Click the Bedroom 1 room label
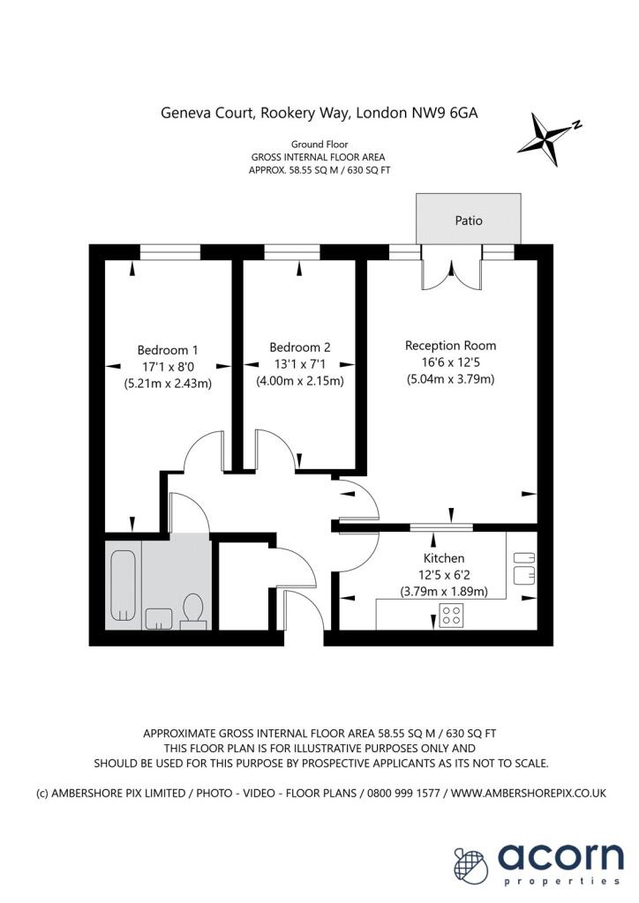tap(168, 347)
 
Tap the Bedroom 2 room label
tap(300, 347)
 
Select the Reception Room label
tap(450, 346)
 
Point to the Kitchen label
tap(444, 558)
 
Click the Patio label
tap(469, 220)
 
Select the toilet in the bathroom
tap(193, 609)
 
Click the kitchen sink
tap(524, 567)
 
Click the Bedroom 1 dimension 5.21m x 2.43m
tap(168, 384)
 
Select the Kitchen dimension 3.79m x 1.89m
tap(444, 592)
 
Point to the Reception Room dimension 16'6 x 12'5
tap(450, 363)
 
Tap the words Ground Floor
tap(319, 144)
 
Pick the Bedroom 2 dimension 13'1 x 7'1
tap(300, 364)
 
